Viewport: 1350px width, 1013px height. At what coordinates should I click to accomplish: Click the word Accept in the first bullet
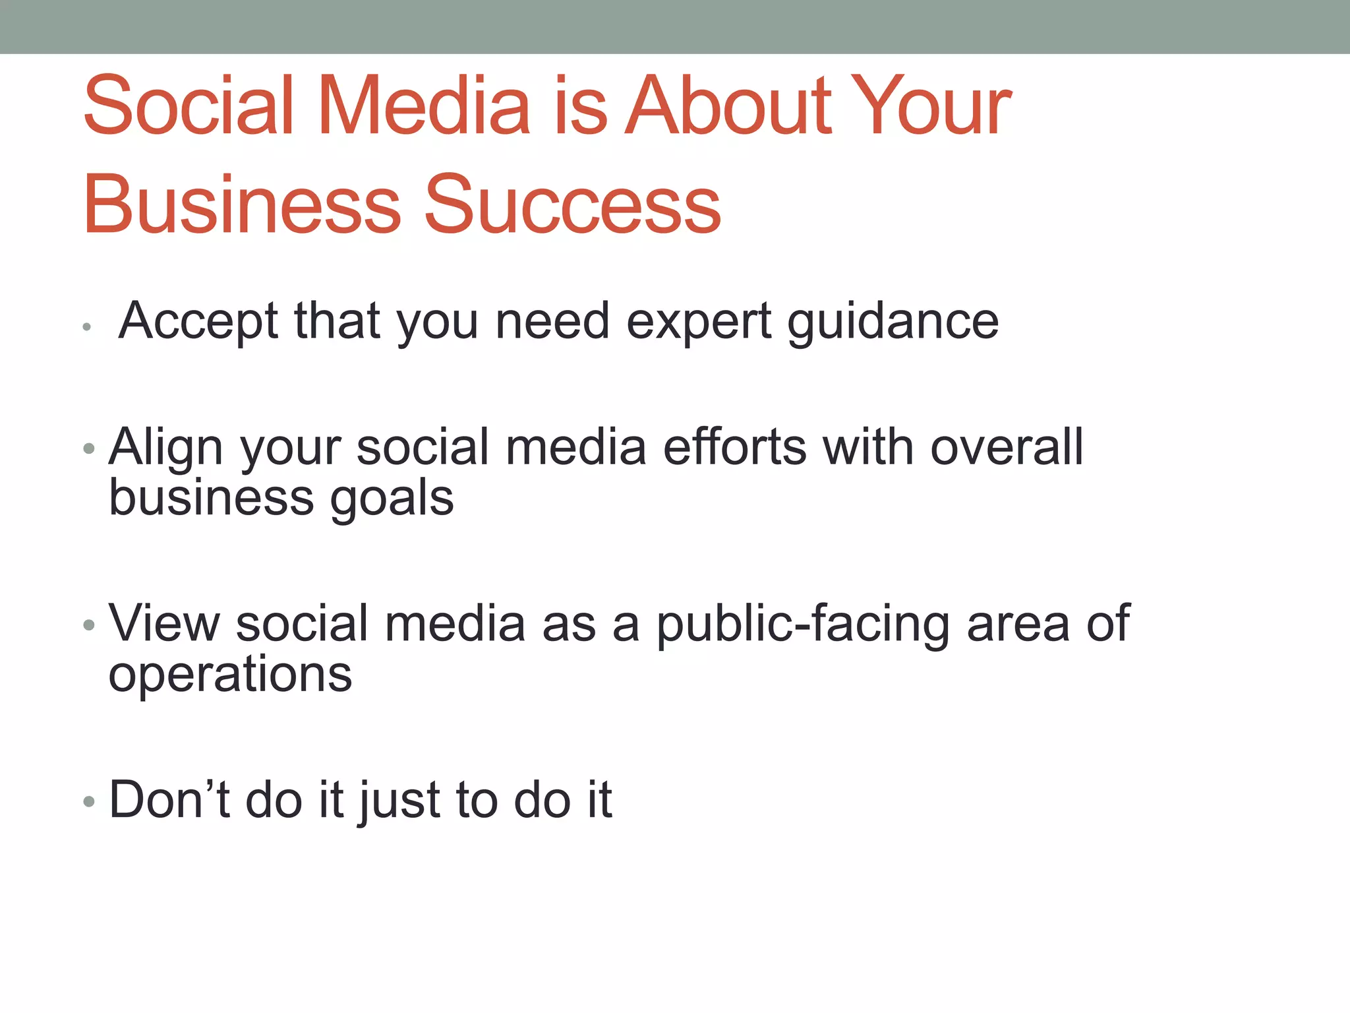pyautogui.click(x=198, y=321)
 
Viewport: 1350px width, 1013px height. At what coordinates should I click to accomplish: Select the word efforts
pyautogui.click(x=734, y=447)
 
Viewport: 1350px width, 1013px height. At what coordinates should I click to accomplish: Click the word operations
pyautogui.click(x=230, y=675)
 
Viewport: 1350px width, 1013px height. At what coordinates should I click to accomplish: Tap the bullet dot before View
pyautogui.click(x=89, y=625)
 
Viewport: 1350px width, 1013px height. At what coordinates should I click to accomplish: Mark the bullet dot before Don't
pyautogui.click(x=89, y=802)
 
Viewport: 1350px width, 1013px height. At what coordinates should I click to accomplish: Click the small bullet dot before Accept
pyautogui.click(x=86, y=326)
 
